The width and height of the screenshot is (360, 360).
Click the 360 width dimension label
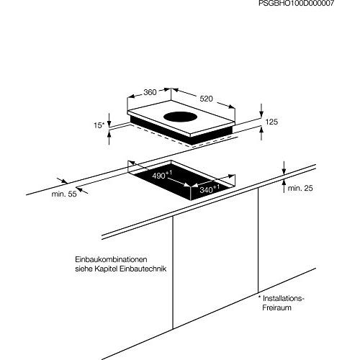[150, 92]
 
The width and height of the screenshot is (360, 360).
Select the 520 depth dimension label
[206, 99]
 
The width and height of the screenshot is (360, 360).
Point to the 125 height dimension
[271, 122]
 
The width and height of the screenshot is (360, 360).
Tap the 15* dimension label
[99, 125]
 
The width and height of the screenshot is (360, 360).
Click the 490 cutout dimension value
[158, 176]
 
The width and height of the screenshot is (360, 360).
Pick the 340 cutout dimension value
[206, 190]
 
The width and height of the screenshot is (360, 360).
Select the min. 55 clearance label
[64, 194]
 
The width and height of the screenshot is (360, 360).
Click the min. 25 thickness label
[300, 188]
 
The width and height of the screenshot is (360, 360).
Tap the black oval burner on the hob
[181, 117]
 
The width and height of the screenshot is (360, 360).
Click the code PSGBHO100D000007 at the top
[296, 3]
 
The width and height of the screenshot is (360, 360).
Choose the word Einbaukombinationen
[111, 259]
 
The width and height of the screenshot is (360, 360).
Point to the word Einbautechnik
[143, 269]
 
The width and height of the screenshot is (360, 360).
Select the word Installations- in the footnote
[284, 298]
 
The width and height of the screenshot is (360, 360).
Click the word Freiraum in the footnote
[276, 307]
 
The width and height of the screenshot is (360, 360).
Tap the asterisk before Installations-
[259, 297]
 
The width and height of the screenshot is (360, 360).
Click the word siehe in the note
[84, 269]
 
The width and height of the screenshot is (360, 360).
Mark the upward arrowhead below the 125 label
[261, 130]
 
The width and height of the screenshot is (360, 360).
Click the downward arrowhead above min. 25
[284, 171]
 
